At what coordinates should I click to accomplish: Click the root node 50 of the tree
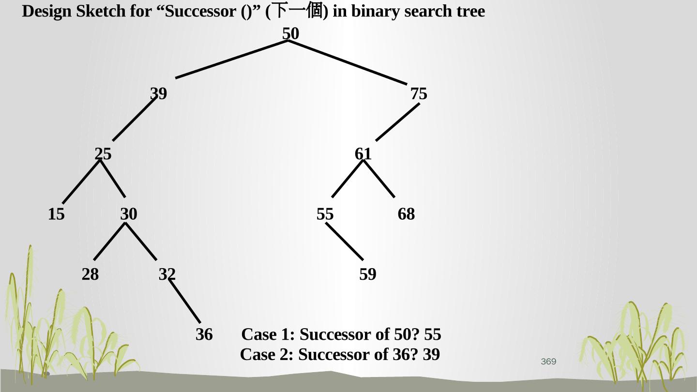coord(290,34)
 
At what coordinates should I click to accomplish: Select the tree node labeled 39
coord(158,93)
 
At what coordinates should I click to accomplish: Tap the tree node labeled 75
coord(419,93)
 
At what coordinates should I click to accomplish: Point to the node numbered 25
coord(103,154)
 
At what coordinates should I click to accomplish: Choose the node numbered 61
coord(363,154)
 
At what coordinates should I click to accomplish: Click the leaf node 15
coord(56,214)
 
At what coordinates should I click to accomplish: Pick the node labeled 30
coord(129,214)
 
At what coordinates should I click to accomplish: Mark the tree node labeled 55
coord(325,214)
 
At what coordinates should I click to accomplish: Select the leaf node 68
coord(406,214)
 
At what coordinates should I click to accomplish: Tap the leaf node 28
coord(90,274)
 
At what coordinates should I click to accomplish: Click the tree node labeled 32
coord(167,274)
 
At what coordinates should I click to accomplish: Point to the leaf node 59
coord(367,274)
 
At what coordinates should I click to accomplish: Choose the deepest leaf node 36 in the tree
coord(204,334)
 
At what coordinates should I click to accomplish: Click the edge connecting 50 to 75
coord(348,62)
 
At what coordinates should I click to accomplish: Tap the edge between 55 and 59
coord(344,241)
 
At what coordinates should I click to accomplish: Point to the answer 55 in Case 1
coord(432,334)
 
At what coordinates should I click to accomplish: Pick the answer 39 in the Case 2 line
coord(431,355)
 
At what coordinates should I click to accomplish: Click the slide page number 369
coord(548,362)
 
